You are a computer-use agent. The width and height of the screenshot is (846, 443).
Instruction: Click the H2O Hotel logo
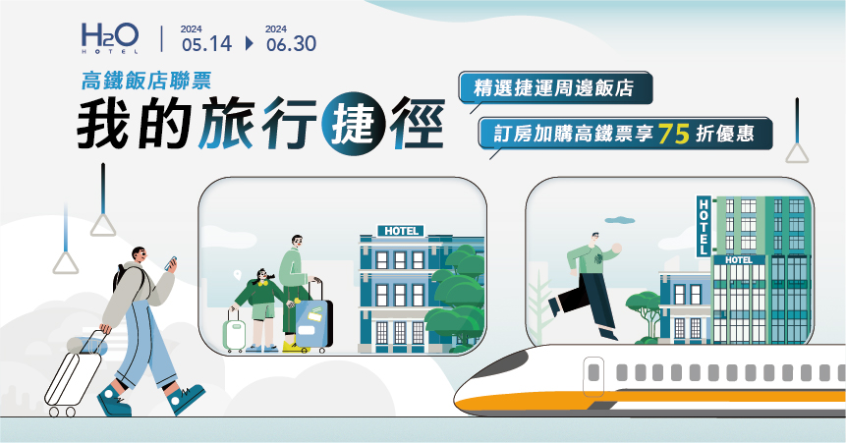point(110,38)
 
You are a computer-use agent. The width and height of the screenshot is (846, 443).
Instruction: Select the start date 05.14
point(206,43)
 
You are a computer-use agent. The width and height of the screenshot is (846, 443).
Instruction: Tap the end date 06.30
point(292,43)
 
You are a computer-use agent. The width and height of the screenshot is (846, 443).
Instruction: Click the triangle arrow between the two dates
point(249,43)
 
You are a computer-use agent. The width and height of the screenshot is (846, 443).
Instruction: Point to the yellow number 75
point(674,134)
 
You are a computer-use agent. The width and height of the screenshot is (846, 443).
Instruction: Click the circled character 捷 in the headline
point(353,124)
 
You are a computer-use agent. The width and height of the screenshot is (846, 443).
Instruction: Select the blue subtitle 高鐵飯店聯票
point(146,81)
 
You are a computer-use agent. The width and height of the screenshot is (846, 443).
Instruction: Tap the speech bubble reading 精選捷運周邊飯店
point(556,88)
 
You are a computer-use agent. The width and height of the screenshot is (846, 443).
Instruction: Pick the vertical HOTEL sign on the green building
point(704,226)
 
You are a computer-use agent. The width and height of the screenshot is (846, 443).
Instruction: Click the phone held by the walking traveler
point(171,263)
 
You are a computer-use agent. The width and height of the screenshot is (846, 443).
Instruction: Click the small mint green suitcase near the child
point(235,334)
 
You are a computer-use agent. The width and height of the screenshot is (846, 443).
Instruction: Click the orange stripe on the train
point(648,402)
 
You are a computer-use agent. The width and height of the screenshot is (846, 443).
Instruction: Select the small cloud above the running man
point(620,220)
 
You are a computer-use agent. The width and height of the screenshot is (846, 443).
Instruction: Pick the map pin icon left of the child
point(237,275)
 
